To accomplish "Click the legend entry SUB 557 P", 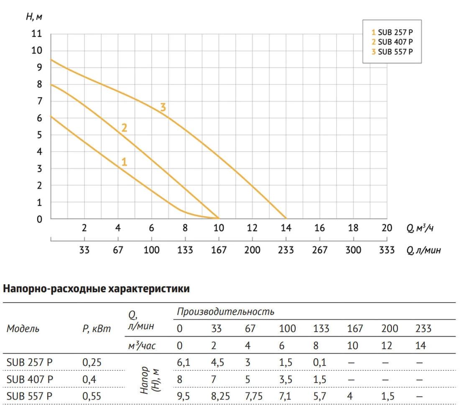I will click(x=392, y=52).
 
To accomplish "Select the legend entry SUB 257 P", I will click(x=392, y=32).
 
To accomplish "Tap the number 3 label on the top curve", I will click(x=163, y=108).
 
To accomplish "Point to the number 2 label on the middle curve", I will click(x=124, y=128).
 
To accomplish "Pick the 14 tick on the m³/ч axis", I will click(x=286, y=228).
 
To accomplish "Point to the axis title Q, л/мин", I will click(x=423, y=250).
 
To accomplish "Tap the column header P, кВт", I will click(x=97, y=329).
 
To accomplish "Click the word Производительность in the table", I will click(x=225, y=312).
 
